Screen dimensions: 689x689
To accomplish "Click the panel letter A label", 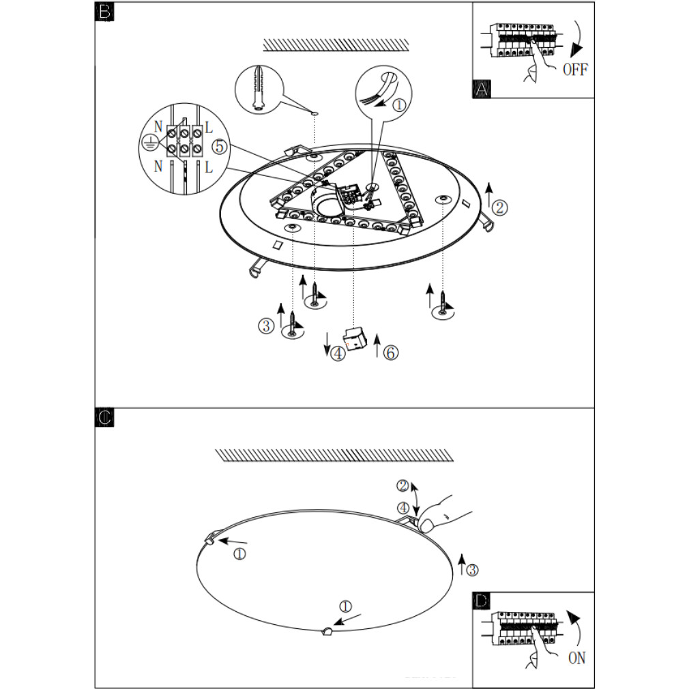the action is [x=481, y=89].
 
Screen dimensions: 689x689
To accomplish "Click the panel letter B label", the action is [x=104, y=11].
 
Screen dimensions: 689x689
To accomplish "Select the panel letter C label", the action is [x=104, y=417].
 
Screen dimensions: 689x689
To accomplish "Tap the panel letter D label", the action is [x=482, y=601].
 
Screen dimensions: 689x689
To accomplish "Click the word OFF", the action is [x=575, y=70].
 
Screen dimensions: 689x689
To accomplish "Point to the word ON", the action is [x=577, y=658].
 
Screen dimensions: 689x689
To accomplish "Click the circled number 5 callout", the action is [x=220, y=146].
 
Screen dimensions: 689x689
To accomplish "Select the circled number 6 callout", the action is [x=391, y=353].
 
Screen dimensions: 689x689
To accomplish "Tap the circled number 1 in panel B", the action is [x=399, y=105].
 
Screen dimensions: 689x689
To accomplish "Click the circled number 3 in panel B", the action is [x=266, y=325].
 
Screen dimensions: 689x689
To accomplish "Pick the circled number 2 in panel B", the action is [x=499, y=207].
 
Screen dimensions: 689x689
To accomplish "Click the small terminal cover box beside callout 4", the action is [x=356, y=338].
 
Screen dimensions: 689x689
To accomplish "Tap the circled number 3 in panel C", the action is [x=472, y=570].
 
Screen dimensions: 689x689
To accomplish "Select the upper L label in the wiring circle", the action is [x=209, y=128].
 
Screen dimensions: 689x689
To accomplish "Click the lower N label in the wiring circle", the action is [x=158, y=166].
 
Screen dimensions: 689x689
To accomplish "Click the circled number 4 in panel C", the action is [x=403, y=508].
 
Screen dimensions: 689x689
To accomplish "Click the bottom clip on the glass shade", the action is [x=327, y=632].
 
